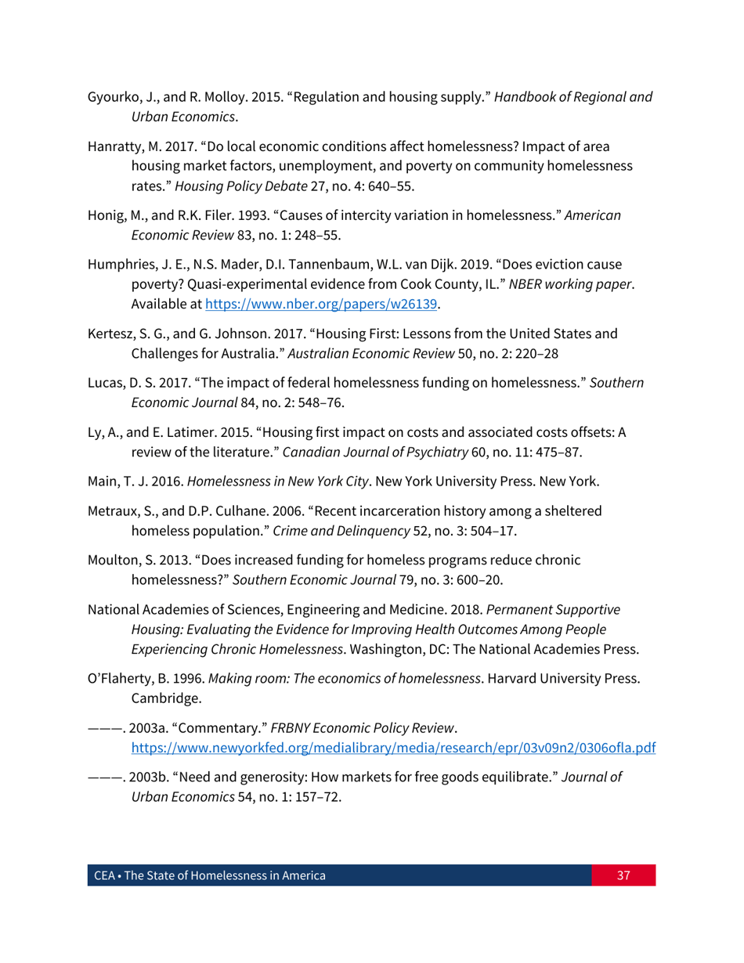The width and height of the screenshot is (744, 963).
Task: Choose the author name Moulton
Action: click(x=110, y=563)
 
